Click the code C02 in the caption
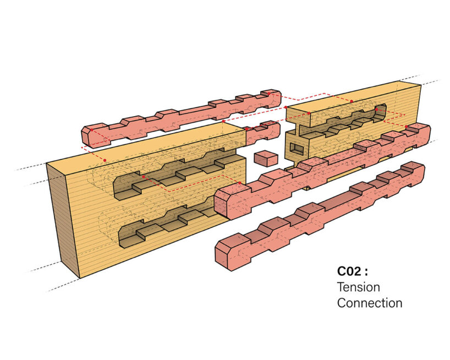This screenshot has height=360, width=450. point(350,271)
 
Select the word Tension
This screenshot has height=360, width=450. point(358,287)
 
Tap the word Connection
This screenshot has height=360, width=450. point(369,303)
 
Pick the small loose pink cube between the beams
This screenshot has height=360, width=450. point(266,159)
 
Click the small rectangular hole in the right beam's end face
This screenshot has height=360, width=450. point(297,148)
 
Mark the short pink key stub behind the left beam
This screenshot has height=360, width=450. point(263,131)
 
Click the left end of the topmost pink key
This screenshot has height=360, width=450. point(88,135)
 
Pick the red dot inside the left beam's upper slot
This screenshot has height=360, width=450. point(144,177)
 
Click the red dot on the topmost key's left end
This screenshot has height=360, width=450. point(105,160)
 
